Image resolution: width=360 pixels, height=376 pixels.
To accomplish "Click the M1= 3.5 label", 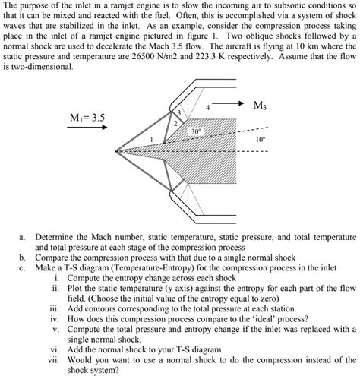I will tap(87, 118).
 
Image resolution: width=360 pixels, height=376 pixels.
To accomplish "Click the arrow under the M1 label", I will tap(88, 128).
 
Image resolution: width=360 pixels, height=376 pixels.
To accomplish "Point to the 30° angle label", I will tap(195, 131).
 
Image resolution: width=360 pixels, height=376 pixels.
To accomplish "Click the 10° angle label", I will tap(261, 140).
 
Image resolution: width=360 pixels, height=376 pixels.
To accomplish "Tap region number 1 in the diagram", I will tap(152, 140).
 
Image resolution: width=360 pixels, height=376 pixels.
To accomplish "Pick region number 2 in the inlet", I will tap(175, 122).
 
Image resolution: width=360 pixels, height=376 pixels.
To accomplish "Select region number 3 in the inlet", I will tap(178, 113).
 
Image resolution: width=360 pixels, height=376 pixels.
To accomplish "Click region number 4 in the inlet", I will tap(207, 108).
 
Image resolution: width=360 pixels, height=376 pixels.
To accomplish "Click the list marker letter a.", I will tap(23, 237).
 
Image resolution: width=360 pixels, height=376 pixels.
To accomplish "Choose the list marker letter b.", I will tap(23, 258).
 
